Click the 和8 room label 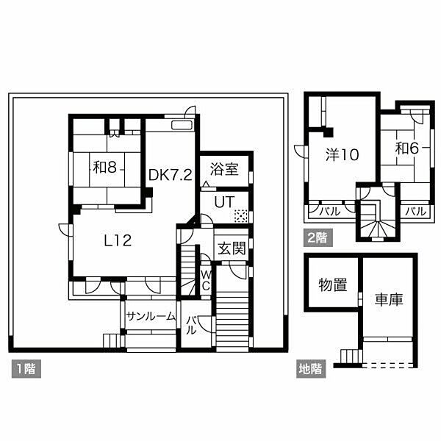click(104, 168)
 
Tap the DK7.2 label click(171, 175)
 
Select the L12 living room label click(118, 241)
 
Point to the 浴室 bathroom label click(224, 169)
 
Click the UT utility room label click(224, 202)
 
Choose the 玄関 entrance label click(232, 248)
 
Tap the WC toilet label click(206, 280)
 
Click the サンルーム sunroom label click(151, 317)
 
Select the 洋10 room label click(343, 154)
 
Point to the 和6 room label click(407, 148)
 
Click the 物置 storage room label click(333, 284)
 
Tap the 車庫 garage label click(389, 300)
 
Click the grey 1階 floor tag click(26, 369)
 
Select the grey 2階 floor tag click(318, 237)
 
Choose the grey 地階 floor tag click(311, 369)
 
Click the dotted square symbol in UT click(240, 215)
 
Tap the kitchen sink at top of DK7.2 click(182, 125)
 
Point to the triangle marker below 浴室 click(206, 184)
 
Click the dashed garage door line click(387, 365)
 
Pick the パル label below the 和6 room click(415, 211)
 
